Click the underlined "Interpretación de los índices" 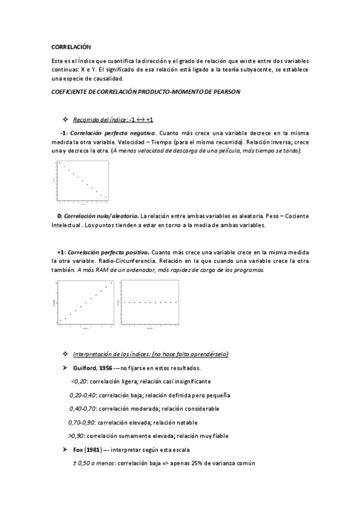coord(111,354)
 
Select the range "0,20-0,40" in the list coord(83,395)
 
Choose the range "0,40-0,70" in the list coord(83,409)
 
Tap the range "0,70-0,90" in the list coord(82,422)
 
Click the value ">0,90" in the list coord(76,436)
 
